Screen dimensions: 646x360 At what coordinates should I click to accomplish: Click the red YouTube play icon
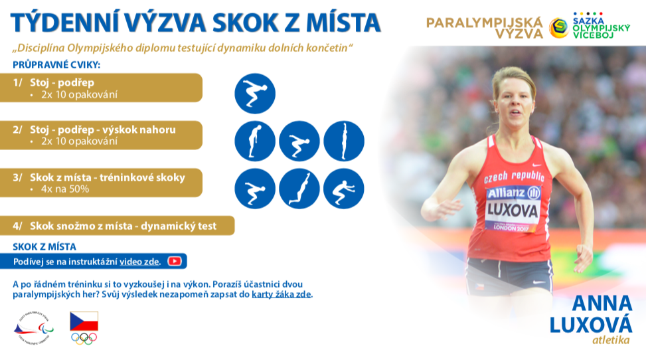tap(174, 261)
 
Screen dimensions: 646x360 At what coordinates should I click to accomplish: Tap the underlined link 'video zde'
tap(139, 262)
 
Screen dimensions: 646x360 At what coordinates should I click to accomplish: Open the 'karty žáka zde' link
tap(282, 294)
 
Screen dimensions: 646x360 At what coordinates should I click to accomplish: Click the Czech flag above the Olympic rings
tap(84, 321)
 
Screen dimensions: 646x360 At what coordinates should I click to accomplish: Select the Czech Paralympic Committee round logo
tap(34, 328)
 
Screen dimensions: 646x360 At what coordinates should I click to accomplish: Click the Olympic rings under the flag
tap(84, 339)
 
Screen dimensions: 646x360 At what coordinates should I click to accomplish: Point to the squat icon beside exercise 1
tap(255, 94)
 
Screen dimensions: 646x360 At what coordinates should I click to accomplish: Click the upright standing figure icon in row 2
tap(344, 141)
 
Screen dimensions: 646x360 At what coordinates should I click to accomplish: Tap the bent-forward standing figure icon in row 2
tap(255, 141)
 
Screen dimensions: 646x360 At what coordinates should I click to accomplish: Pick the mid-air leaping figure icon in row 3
tap(299, 189)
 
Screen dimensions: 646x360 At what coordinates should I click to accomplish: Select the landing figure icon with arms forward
tap(344, 189)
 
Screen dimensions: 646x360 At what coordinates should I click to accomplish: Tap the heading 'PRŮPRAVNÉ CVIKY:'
tap(56, 64)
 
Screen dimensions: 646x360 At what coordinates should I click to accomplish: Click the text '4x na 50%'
tap(64, 189)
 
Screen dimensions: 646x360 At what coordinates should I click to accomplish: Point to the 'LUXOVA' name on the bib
tap(513, 211)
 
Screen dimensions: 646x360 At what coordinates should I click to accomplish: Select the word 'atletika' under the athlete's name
tap(611, 340)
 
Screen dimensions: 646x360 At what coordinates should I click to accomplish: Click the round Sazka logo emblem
tap(559, 28)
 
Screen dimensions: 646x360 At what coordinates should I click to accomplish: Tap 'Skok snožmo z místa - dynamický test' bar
tap(117, 226)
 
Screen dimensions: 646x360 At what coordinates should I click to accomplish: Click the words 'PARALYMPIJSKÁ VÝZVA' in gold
tap(485, 28)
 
